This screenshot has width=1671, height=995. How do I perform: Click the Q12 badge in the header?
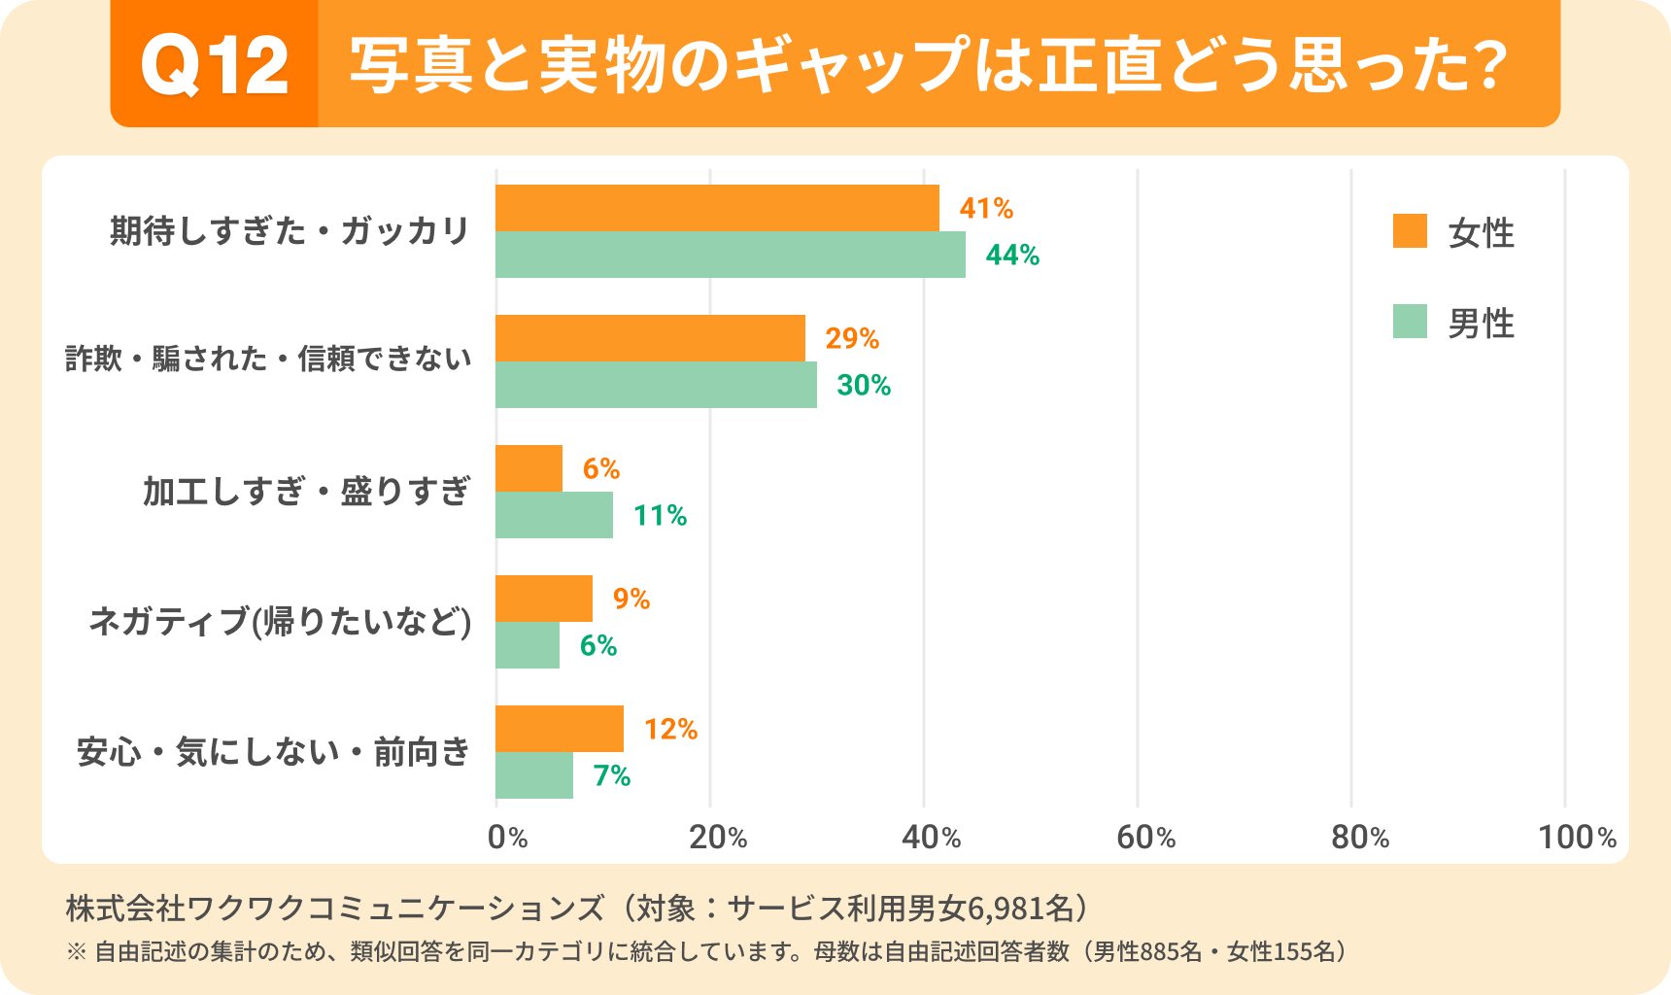click(x=215, y=65)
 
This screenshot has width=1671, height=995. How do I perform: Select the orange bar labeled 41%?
click(x=717, y=208)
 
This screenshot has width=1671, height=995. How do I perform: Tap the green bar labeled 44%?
click(x=731, y=255)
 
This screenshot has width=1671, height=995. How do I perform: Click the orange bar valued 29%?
click(x=650, y=338)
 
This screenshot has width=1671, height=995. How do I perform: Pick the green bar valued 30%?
click(x=656, y=385)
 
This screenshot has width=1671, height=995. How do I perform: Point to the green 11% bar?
click(x=554, y=515)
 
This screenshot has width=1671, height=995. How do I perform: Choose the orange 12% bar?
click(x=560, y=729)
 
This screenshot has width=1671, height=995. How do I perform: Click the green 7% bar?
click(x=534, y=775)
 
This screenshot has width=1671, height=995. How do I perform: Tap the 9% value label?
click(x=631, y=599)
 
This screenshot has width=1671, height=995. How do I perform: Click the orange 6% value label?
click(x=601, y=468)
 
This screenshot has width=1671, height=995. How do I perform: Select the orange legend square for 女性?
click(x=1410, y=231)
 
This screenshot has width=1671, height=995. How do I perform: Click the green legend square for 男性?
click(x=1410, y=322)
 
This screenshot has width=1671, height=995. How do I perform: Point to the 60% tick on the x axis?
click(x=1145, y=837)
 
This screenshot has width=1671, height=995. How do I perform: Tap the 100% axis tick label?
click(x=1576, y=837)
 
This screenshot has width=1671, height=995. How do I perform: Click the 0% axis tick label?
click(x=507, y=837)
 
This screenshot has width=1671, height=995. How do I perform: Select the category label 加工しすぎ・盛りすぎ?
click(x=307, y=492)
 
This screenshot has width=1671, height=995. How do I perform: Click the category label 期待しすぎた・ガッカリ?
click(x=290, y=231)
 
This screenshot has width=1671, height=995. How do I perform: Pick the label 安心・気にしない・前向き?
click(x=273, y=752)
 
